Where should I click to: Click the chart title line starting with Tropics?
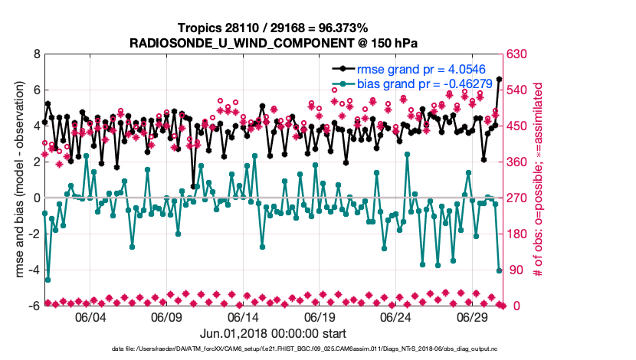click(x=274, y=28)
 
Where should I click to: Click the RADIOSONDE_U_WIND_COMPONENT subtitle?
click(x=274, y=42)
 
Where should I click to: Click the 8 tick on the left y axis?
click(x=35, y=54)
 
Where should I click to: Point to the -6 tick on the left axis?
click(x=33, y=306)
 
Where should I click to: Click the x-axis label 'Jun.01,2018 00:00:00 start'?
click(x=274, y=333)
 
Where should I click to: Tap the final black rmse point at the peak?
click(x=500, y=79)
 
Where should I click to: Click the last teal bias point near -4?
click(x=500, y=270)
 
